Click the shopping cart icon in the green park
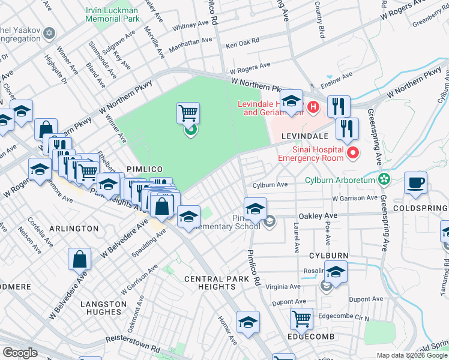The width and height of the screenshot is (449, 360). point(188,113)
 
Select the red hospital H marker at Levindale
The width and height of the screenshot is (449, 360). point(312,107)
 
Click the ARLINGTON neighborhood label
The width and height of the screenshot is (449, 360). point(74,229)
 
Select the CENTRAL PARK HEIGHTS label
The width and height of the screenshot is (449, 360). point(216,279)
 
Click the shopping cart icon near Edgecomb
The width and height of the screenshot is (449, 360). point(301,318)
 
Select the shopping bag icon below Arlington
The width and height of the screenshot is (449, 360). point(79,259)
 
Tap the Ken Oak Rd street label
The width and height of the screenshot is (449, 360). point(242,43)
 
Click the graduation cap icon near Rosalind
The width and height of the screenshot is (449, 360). point(336,271)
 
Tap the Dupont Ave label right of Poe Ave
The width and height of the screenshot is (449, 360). point(369,299)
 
